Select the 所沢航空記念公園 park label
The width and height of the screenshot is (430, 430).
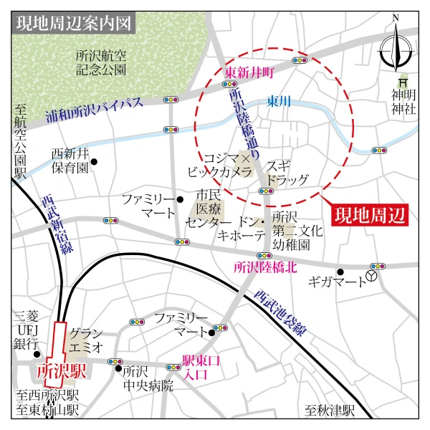102,62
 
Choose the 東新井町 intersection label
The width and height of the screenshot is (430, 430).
250,72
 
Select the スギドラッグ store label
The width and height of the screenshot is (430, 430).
287,172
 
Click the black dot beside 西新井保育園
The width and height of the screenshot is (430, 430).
93,161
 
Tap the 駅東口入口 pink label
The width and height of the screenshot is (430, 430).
194,369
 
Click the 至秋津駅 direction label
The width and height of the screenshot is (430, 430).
330,411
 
